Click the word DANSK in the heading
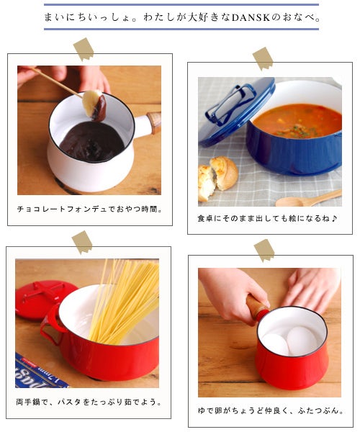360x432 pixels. tap(250, 17)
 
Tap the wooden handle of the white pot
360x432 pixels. tap(154, 122)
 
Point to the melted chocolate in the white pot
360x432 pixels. tap(91, 141)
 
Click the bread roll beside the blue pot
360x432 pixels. tap(217, 178)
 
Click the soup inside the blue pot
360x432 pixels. tap(297, 121)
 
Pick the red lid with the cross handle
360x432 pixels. tap(45, 299)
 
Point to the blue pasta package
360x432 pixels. tap(38, 372)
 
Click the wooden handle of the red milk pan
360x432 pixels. tap(257, 307)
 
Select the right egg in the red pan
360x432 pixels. tap(302, 341)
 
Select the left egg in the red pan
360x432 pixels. tap(275, 344)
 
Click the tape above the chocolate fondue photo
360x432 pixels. tap(84, 49)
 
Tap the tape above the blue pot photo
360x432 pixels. tap(263, 58)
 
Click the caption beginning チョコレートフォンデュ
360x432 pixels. tap(89, 209)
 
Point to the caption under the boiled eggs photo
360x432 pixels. tap(271, 411)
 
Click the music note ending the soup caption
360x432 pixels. tap(334, 218)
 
